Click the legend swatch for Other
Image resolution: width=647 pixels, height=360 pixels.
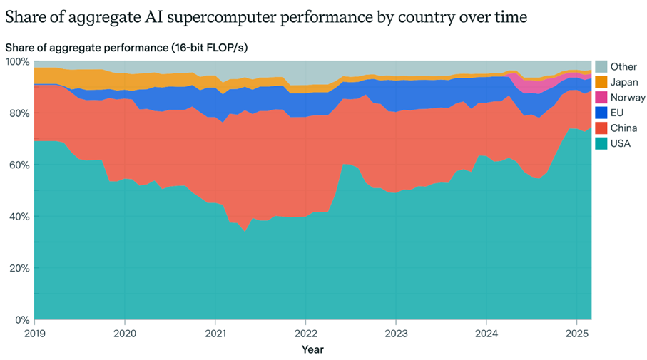(601, 67)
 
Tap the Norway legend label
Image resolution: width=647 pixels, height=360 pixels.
(627, 98)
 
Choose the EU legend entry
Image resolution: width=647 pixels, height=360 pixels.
(616, 113)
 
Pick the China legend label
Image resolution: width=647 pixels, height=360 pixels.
(622, 128)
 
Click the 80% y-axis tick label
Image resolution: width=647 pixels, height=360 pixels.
(19, 113)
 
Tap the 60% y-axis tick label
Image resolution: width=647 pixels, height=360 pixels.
(19, 165)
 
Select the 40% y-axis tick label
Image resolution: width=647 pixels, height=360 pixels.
(19, 217)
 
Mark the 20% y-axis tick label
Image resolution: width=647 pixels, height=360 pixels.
(19, 268)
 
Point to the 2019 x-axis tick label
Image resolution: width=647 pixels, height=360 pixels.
(35, 333)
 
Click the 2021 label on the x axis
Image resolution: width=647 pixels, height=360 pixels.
(215, 333)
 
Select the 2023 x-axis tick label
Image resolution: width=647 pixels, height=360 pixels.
(396, 333)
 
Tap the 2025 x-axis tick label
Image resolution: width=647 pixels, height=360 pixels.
(576, 333)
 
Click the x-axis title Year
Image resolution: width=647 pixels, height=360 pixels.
(312, 349)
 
